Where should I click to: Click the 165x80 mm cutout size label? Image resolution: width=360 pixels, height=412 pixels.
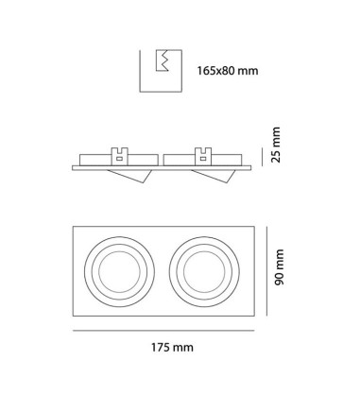228,71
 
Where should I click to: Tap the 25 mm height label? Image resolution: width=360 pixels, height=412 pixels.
276,145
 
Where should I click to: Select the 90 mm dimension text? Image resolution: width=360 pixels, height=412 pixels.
279,267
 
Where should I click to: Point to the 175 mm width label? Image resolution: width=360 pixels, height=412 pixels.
172,348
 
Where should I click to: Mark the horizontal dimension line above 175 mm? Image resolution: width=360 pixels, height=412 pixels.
163,331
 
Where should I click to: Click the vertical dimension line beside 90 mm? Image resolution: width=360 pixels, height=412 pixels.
266,271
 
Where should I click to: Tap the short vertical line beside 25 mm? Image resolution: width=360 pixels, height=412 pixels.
263,157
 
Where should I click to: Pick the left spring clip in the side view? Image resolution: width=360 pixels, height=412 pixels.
120,157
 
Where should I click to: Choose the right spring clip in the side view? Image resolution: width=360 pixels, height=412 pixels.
203,157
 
